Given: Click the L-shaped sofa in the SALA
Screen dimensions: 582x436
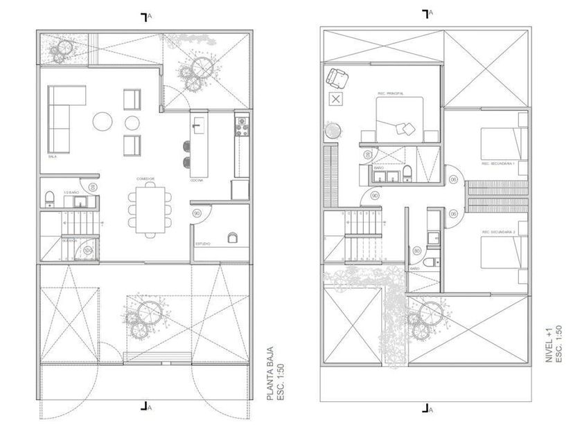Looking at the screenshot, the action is point(60,118).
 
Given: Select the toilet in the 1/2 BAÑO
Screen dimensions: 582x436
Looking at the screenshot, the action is point(48,200).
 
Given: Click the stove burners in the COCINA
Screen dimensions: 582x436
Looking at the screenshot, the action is point(242,126).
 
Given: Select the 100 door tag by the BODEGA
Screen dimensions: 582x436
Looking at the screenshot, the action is point(88,248).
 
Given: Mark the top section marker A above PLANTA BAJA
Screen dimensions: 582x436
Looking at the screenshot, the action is point(145,17).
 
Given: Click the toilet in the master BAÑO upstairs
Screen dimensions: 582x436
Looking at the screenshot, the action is point(407,173).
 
